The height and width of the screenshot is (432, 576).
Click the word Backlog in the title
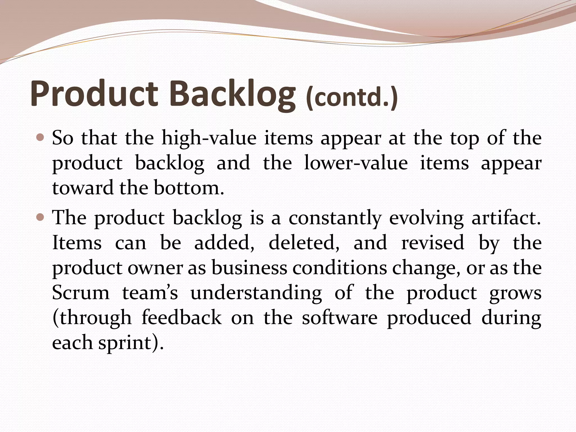pyautogui.click(x=232, y=94)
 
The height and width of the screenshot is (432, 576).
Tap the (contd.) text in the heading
pyautogui.click(x=352, y=97)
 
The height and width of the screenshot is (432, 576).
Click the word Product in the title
pyautogui.click(x=94, y=94)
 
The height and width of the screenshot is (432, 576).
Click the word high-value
pyautogui.click(x=209, y=138)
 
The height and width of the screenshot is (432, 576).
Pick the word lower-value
pyautogui.click(x=356, y=163)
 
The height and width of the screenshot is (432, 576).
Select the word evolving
pyautogui.click(x=426, y=218)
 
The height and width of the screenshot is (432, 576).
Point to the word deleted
pyautogui.click(x=304, y=242)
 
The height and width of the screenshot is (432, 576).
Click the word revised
pyautogui.click(x=433, y=242)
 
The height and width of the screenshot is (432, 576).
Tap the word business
pyautogui.click(x=249, y=267)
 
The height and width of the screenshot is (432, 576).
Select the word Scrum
pyautogui.click(x=81, y=293)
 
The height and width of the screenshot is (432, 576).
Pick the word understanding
pyautogui.click(x=256, y=293)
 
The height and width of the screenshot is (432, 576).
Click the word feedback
pyautogui.click(x=181, y=318)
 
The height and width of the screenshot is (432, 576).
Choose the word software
pyautogui.click(x=339, y=318)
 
